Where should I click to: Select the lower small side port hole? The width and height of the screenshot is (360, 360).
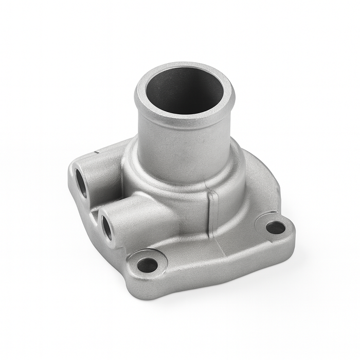click(x=107, y=228)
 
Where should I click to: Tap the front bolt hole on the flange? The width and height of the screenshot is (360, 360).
click(x=148, y=265)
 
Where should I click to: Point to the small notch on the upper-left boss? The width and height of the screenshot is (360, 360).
click(x=97, y=153)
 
